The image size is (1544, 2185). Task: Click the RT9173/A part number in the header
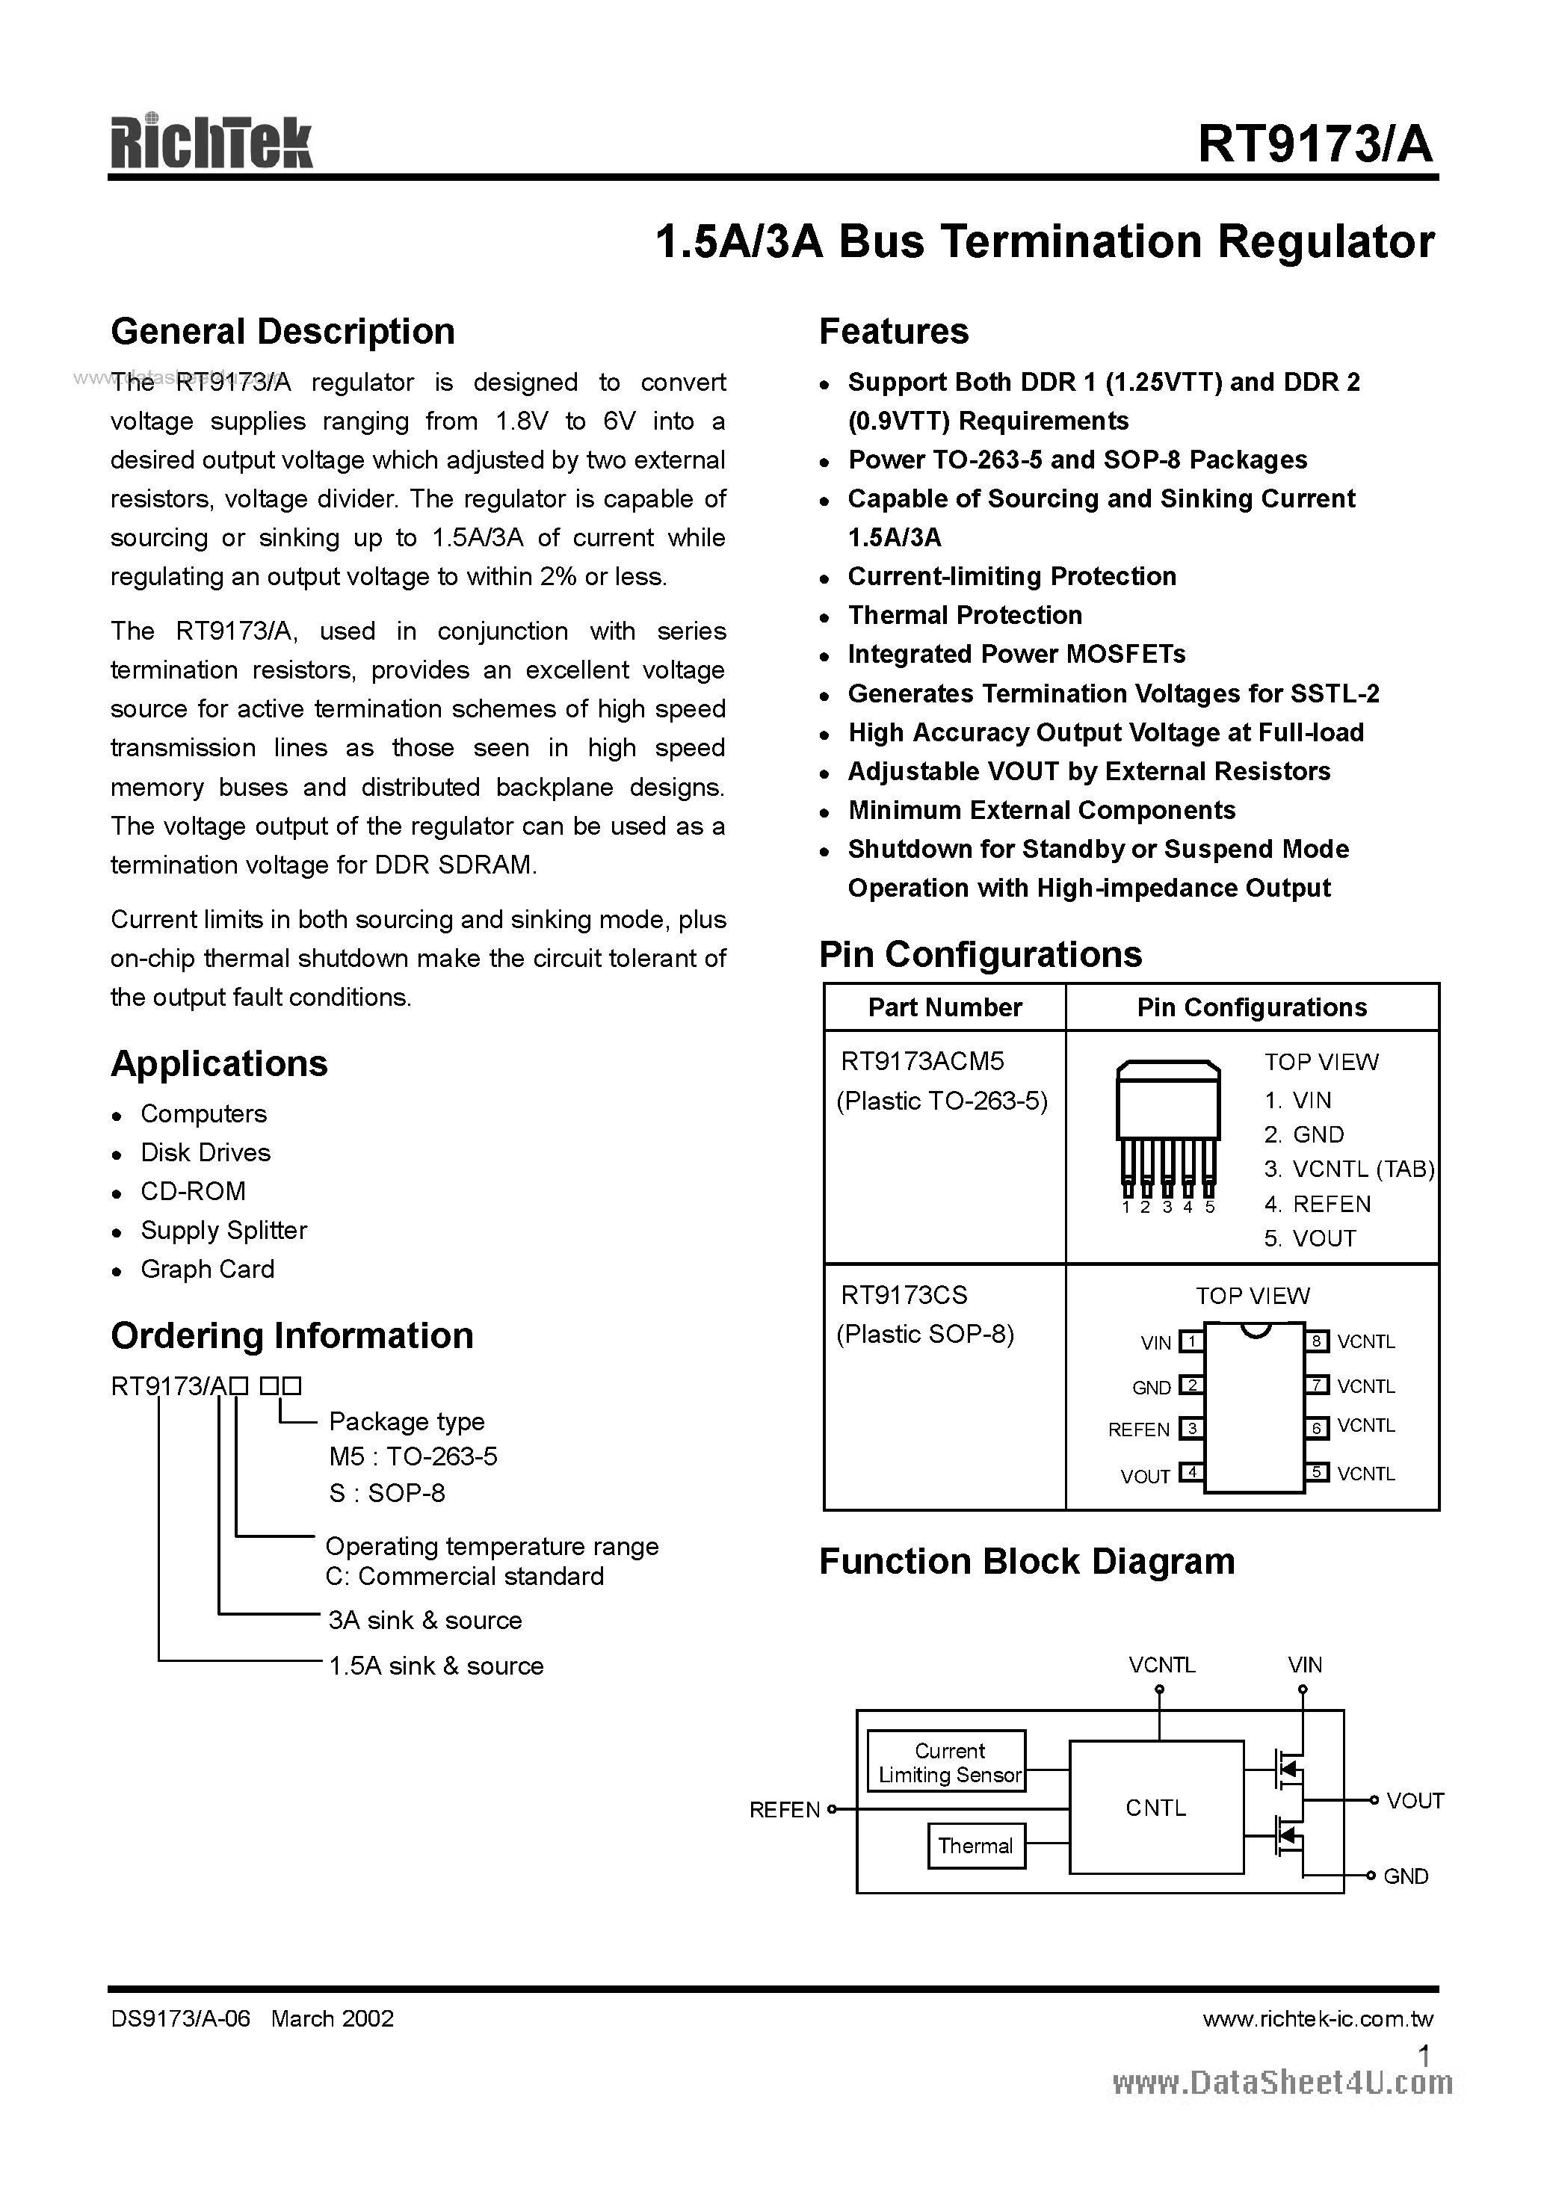click(1315, 146)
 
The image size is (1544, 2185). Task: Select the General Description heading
click(282, 331)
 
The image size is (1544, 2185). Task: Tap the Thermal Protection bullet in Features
click(964, 616)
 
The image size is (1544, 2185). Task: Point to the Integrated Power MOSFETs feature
click(1016, 655)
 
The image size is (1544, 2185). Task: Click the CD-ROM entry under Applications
click(194, 1191)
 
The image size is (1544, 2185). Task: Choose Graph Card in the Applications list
click(208, 1270)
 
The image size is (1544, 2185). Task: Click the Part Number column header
click(945, 1008)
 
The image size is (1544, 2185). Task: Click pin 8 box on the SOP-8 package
click(1317, 1342)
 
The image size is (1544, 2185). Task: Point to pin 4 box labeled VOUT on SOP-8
click(1191, 1473)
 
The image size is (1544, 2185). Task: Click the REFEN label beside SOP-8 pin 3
click(1138, 1430)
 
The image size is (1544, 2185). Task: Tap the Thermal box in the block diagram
click(976, 1846)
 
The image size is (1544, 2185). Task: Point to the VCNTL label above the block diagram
click(1161, 1666)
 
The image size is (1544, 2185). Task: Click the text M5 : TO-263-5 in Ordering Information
click(413, 1457)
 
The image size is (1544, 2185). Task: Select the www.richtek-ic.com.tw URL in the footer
click(1318, 2019)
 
